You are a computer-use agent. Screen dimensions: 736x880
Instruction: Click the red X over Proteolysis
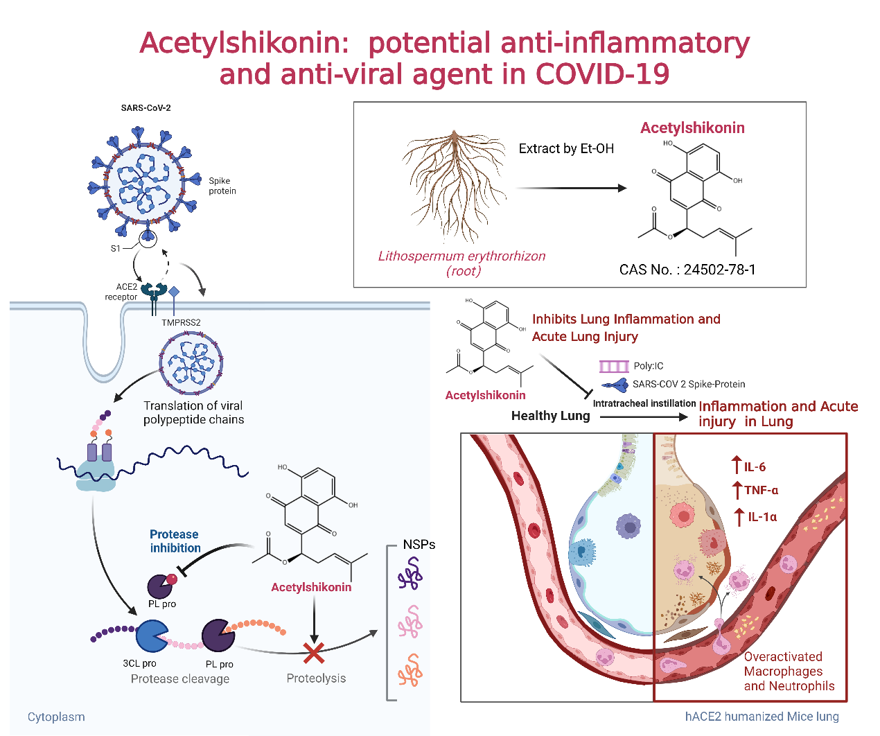pyautogui.click(x=314, y=652)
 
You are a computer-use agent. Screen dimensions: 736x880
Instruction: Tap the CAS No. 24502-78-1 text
pyautogui.click(x=687, y=270)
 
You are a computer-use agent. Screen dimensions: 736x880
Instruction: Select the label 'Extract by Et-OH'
pyautogui.click(x=566, y=148)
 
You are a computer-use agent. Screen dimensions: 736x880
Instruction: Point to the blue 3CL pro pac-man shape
pyautogui.click(x=150, y=636)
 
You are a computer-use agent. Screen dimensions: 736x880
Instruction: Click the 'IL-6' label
pyautogui.click(x=755, y=467)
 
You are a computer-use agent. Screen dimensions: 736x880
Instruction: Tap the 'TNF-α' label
pyautogui.click(x=761, y=491)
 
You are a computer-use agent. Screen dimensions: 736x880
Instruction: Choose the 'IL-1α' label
pyautogui.click(x=762, y=517)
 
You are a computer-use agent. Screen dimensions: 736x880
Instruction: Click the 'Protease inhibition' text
pyautogui.click(x=175, y=541)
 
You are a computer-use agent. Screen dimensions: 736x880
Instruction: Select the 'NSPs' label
pyautogui.click(x=419, y=545)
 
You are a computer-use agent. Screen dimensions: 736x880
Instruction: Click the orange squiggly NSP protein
pyautogui.click(x=410, y=670)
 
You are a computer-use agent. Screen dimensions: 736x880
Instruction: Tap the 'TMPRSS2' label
pyautogui.click(x=181, y=323)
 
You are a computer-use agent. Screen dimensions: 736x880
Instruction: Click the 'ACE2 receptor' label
pyautogui.click(x=122, y=292)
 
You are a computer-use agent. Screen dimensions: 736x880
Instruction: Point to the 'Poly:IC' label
pyautogui.click(x=648, y=366)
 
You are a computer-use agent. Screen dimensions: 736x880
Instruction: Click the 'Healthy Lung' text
pyautogui.click(x=550, y=416)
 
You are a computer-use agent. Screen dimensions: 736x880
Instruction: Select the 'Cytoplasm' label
pyautogui.click(x=56, y=717)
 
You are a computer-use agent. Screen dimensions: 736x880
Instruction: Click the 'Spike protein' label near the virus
pyautogui.click(x=222, y=186)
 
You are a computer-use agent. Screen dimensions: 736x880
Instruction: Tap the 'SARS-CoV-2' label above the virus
pyautogui.click(x=146, y=108)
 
